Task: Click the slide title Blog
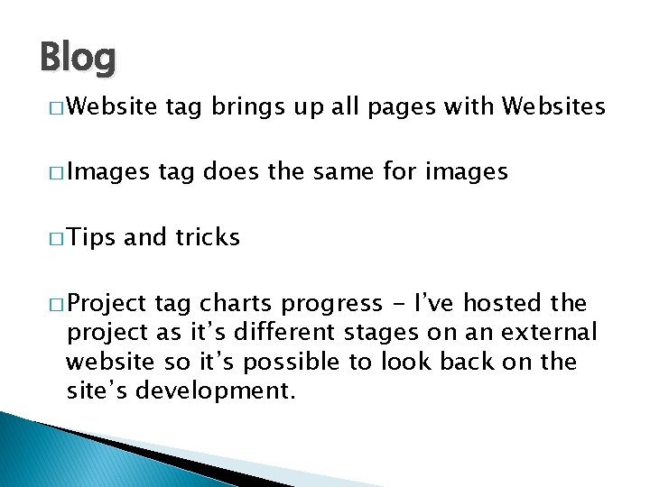(79, 59)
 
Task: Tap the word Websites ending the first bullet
(553, 109)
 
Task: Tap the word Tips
(91, 237)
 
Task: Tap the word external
(552, 333)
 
